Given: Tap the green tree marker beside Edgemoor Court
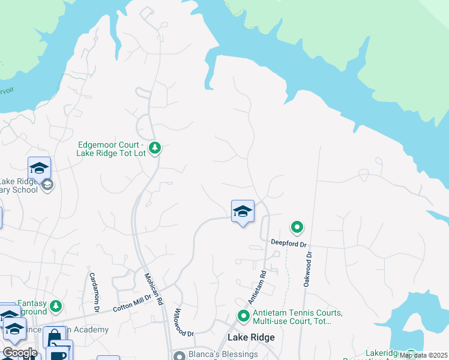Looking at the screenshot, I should coord(155,148).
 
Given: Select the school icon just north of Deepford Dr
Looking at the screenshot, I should coord(243,212).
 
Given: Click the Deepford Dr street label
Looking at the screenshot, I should coord(288,244).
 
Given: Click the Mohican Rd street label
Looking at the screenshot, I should coord(153,289).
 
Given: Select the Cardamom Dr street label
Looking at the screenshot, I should coord(94,293).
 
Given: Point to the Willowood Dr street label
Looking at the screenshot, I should coord(184,322).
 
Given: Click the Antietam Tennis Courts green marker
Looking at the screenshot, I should coord(244,315).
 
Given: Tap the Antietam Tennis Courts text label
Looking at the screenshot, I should coord(297,317).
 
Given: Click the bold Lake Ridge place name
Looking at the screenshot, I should coord(251,337).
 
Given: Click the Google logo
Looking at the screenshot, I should coord(20,353).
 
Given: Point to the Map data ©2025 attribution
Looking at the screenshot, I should coord(423,355).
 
